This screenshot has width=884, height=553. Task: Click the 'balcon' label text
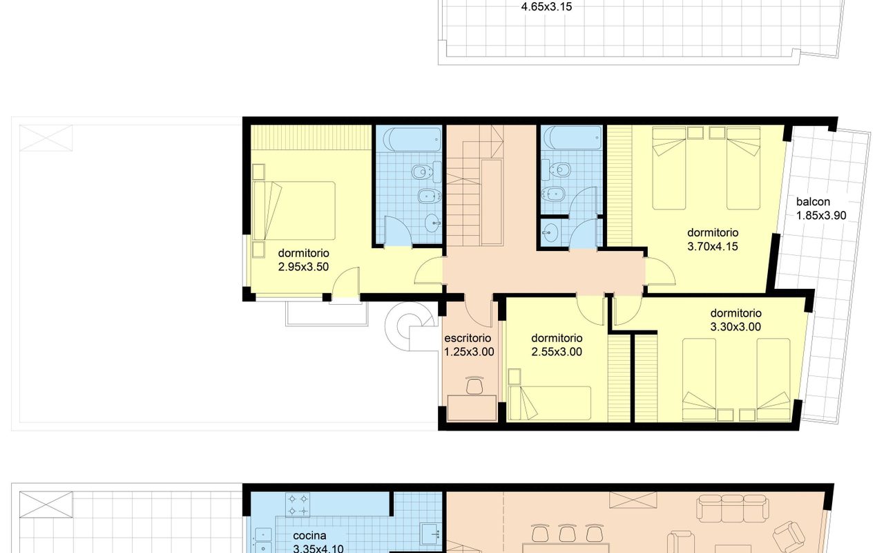pyautogui.click(x=813, y=202)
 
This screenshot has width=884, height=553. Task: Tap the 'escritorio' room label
pyautogui.click(x=468, y=338)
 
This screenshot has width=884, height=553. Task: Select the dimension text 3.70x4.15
pyautogui.click(x=713, y=247)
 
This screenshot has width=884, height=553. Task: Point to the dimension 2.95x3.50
pyautogui.click(x=303, y=267)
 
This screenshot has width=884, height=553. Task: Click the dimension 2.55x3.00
pyautogui.click(x=557, y=352)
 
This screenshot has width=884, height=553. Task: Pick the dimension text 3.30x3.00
pyautogui.click(x=736, y=327)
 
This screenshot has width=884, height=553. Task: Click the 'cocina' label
pyautogui.click(x=310, y=536)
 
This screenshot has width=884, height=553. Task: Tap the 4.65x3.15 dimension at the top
pyautogui.click(x=546, y=7)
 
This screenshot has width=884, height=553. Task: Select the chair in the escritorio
pyautogui.click(x=474, y=386)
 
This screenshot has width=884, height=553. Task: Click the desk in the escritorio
pyautogui.click(x=472, y=408)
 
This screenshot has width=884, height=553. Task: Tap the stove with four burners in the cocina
pyautogui.click(x=298, y=505)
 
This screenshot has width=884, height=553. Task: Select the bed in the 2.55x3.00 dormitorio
pyautogui.click(x=550, y=403)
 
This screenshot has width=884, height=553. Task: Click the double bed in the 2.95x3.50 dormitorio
pyautogui.click(x=294, y=211)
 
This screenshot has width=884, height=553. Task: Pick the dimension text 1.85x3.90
pyautogui.click(x=821, y=216)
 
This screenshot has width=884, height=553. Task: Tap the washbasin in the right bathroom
pyautogui.click(x=550, y=232)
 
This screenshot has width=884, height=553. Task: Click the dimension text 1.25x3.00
pyautogui.click(x=469, y=352)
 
